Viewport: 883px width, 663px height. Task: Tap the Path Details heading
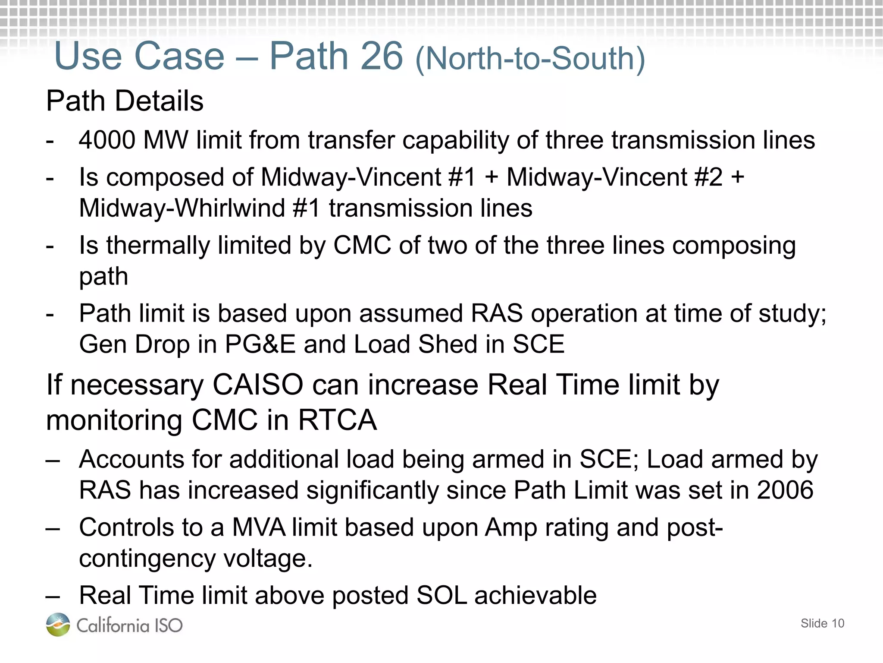[x=125, y=101]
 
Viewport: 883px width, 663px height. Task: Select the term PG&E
[x=260, y=344]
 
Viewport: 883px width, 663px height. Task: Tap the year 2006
[x=785, y=490]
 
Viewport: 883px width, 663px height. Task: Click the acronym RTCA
[x=338, y=420]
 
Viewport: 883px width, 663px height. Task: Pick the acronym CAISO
[x=258, y=385]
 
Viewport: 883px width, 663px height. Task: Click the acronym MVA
[x=259, y=527]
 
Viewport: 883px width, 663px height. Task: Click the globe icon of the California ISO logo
[x=58, y=624]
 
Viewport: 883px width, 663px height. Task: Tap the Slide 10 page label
[x=822, y=623]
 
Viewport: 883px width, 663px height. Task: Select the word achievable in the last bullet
[x=535, y=596]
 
